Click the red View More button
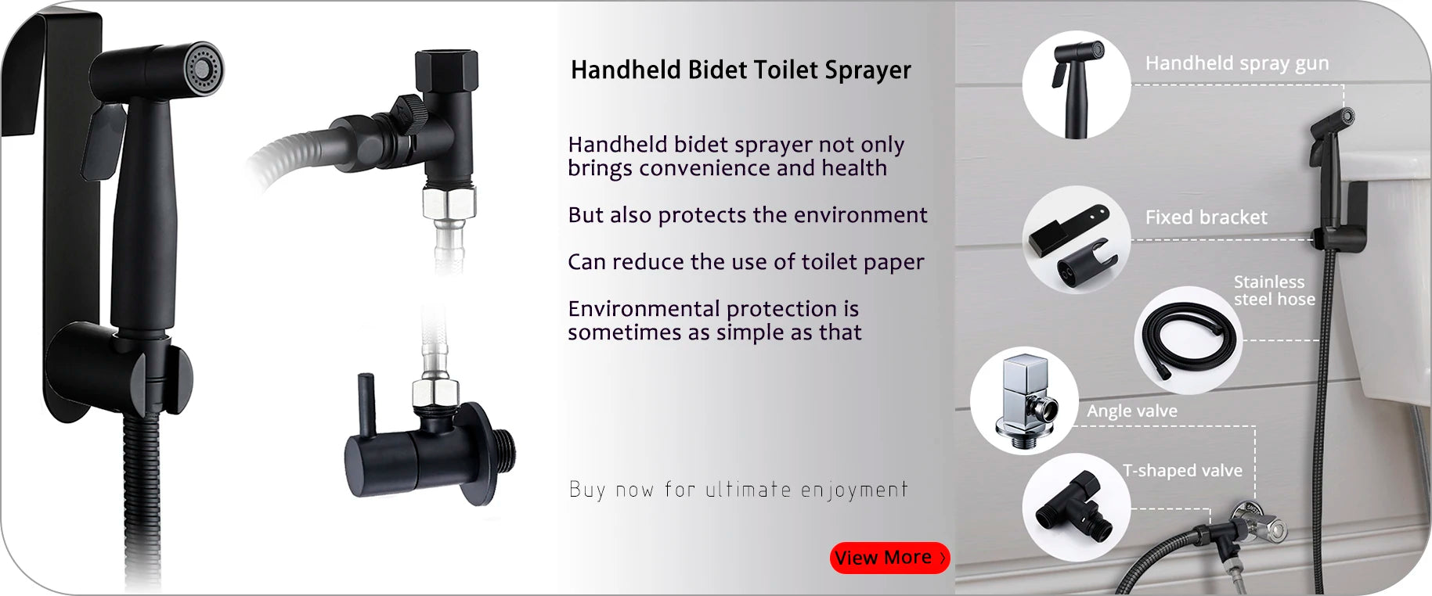(x=889, y=558)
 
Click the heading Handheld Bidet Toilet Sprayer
(x=741, y=70)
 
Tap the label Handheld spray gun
(x=1237, y=63)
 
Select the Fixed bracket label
(x=1206, y=217)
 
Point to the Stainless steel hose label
(x=1274, y=290)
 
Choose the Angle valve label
(x=1131, y=411)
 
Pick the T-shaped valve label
(x=1182, y=470)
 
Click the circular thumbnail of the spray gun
(x=1077, y=84)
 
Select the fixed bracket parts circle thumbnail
(x=1077, y=239)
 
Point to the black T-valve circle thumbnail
(x=1077, y=507)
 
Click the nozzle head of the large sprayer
(x=203, y=68)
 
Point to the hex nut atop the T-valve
(x=446, y=69)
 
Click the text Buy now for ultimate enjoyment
(x=738, y=490)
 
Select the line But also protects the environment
(x=748, y=215)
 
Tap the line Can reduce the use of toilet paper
(x=746, y=262)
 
